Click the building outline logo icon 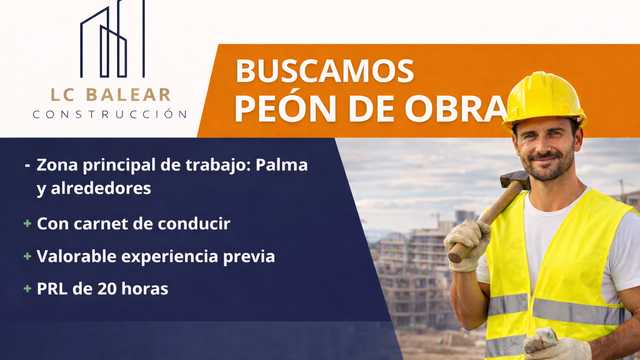[x=112, y=41]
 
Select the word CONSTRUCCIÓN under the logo [x=110, y=114]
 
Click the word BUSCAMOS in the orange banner [x=324, y=71]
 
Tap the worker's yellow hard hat [x=544, y=96]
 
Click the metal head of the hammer [x=514, y=181]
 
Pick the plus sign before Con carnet [x=27, y=223]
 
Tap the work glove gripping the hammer [x=465, y=241]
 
